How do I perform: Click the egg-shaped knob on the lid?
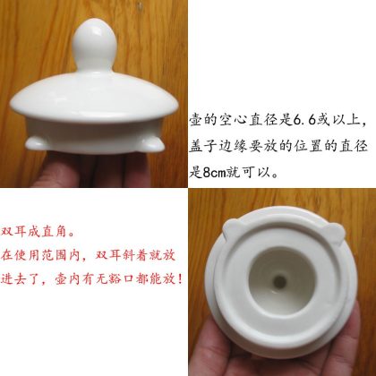pyautogui.click(x=94, y=45)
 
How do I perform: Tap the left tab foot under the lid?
pyautogui.click(x=36, y=143)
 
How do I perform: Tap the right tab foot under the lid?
pyautogui.click(x=153, y=144)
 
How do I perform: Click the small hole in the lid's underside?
pyautogui.click(x=280, y=281)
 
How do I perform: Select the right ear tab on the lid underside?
pyautogui.click(x=333, y=234)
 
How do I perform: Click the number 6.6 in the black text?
pyautogui.click(x=304, y=120)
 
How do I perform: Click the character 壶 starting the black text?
pyautogui.click(x=196, y=120)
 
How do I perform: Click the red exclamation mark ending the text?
pyautogui.click(x=179, y=279)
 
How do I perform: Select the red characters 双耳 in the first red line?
pyautogui.click(x=14, y=232)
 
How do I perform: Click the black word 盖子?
pyautogui.click(x=203, y=147)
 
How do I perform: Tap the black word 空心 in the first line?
pyautogui.click(x=233, y=120)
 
